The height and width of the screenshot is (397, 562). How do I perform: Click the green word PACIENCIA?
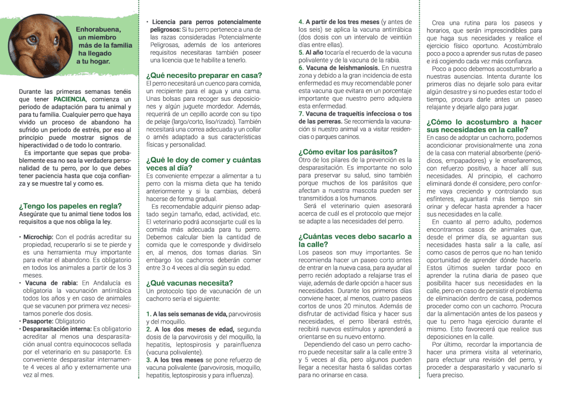(x=70, y=99)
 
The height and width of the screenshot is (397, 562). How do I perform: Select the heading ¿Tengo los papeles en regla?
(x=70, y=206)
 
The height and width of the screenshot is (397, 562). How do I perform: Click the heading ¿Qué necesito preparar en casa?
(x=204, y=75)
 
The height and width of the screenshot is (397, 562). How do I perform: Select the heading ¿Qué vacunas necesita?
(x=189, y=283)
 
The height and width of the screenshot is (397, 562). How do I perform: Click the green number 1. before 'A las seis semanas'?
(x=149, y=314)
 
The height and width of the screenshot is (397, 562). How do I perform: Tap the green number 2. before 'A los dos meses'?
(x=149, y=329)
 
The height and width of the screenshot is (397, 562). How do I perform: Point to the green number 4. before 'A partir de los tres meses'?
(x=301, y=22)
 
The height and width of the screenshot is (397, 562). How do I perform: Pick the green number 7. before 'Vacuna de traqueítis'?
(x=301, y=114)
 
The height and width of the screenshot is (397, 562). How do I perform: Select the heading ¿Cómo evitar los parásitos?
(x=348, y=151)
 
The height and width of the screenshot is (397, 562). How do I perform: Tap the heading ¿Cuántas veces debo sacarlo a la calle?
(x=355, y=240)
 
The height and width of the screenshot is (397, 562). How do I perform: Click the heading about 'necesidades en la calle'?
(x=484, y=126)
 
